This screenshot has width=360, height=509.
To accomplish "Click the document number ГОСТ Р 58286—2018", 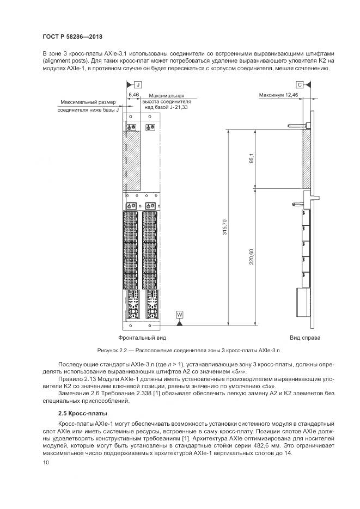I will [72, 36].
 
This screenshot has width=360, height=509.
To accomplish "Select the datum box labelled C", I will [300, 85].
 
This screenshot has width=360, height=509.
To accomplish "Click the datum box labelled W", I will [180, 315].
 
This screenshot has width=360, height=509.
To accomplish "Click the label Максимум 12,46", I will [278, 95].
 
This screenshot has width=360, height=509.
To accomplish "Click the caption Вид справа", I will [305, 338].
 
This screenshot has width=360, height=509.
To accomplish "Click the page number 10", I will [45, 462].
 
